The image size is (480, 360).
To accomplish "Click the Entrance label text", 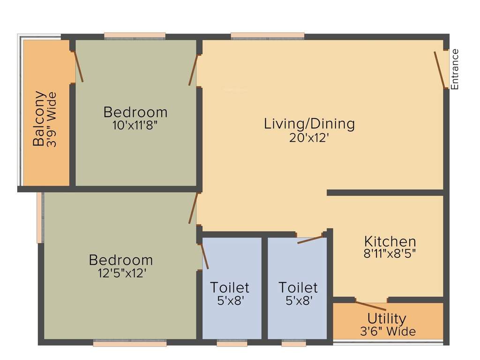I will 455,69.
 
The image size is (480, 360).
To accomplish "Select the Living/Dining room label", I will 309,124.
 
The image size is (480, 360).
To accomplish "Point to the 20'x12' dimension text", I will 309,138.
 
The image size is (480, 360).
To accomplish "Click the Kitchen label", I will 390,242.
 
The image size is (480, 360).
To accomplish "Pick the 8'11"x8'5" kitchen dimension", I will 390,254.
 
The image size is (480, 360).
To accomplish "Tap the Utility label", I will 387,319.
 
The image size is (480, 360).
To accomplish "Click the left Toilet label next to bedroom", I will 229,287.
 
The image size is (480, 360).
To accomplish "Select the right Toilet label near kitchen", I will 298,287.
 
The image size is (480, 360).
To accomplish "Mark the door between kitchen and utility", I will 371,306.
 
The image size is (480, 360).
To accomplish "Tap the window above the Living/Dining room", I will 267,36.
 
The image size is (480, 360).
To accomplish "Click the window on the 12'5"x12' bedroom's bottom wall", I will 130,344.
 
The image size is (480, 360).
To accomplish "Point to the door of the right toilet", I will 310,240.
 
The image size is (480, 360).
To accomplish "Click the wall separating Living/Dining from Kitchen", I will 384,193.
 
